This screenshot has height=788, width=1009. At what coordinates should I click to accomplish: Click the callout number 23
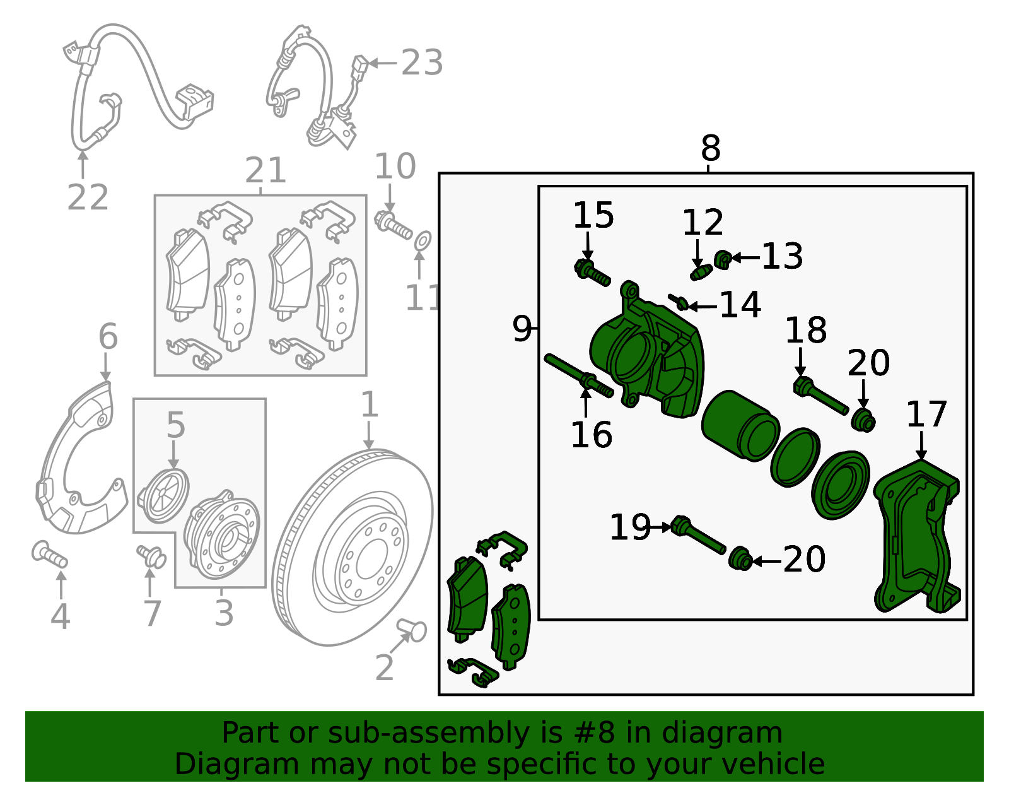pyautogui.click(x=422, y=63)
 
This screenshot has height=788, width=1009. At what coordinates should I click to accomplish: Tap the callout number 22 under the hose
pyautogui.click(x=88, y=197)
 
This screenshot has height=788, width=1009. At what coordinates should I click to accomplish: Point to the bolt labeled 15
pyautogui.click(x=592, y=273)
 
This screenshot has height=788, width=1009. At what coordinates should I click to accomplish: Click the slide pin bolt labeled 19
pyautogui.click(x=697, y=536)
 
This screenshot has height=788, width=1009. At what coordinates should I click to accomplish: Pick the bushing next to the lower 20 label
pyautogui.click(x=740, y=560)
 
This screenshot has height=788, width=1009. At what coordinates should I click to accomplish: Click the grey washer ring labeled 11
pyautogui.click(x=423, y=240)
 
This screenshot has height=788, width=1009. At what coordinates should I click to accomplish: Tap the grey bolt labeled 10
pyautogui.click(x=393, y=225)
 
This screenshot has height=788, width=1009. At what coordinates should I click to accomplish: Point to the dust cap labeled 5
pyautogui.click(x=163, y=496)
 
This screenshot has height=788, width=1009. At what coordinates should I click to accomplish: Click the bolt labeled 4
pyautogui.click(x=50, y=555)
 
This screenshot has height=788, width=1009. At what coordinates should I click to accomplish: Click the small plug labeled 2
pyautogui.click(x=412, y=629)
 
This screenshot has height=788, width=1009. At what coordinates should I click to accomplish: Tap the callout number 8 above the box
pyautogui.click(x=710, y=150)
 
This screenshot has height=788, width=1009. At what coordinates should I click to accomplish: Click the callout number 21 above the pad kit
pyautogui.click(x=265, y=170)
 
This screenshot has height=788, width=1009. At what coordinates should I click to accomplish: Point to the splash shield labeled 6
pyautogui.click(x=76, y=454)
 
